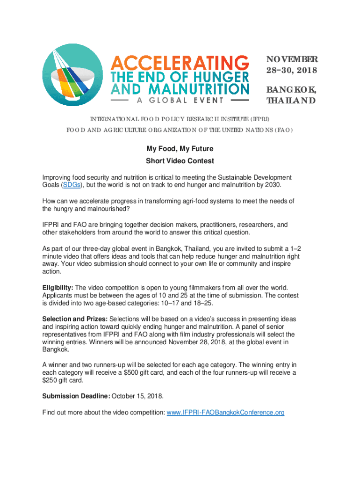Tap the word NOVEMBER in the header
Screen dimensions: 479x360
point(292,59)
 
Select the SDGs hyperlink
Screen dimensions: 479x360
point(71,185)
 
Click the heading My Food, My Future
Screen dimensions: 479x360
point(180,149)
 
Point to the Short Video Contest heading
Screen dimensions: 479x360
point(180,161)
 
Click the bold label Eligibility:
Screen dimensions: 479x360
point(58,287)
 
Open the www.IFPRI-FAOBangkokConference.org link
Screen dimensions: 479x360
point(225,413)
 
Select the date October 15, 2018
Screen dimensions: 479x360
point(137,396)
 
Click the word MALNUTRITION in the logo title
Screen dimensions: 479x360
point(198,88)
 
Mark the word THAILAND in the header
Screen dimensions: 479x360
point(291,101)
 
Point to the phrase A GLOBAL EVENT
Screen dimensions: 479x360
point(180,100)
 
